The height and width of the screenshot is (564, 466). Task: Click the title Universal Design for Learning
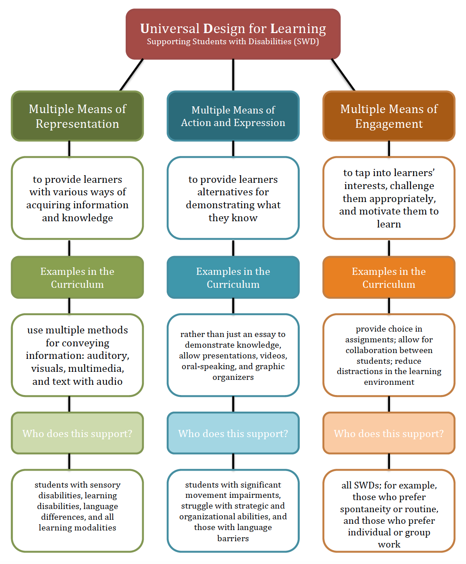233,29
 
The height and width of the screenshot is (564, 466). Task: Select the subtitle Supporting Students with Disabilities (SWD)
233,42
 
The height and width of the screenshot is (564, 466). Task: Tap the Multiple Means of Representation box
77,116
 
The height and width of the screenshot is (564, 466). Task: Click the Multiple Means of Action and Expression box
233,116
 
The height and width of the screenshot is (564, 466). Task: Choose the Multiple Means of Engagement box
389,116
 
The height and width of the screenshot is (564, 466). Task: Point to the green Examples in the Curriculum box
77,278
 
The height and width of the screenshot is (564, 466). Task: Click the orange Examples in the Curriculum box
389,278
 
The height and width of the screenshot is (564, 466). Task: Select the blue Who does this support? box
233,433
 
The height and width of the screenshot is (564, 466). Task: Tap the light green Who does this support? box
77,433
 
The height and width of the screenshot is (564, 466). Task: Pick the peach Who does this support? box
389,433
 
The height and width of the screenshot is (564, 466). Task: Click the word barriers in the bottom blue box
233,538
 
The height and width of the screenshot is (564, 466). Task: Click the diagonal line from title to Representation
131,75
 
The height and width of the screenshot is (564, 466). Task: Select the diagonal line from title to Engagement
343,75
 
